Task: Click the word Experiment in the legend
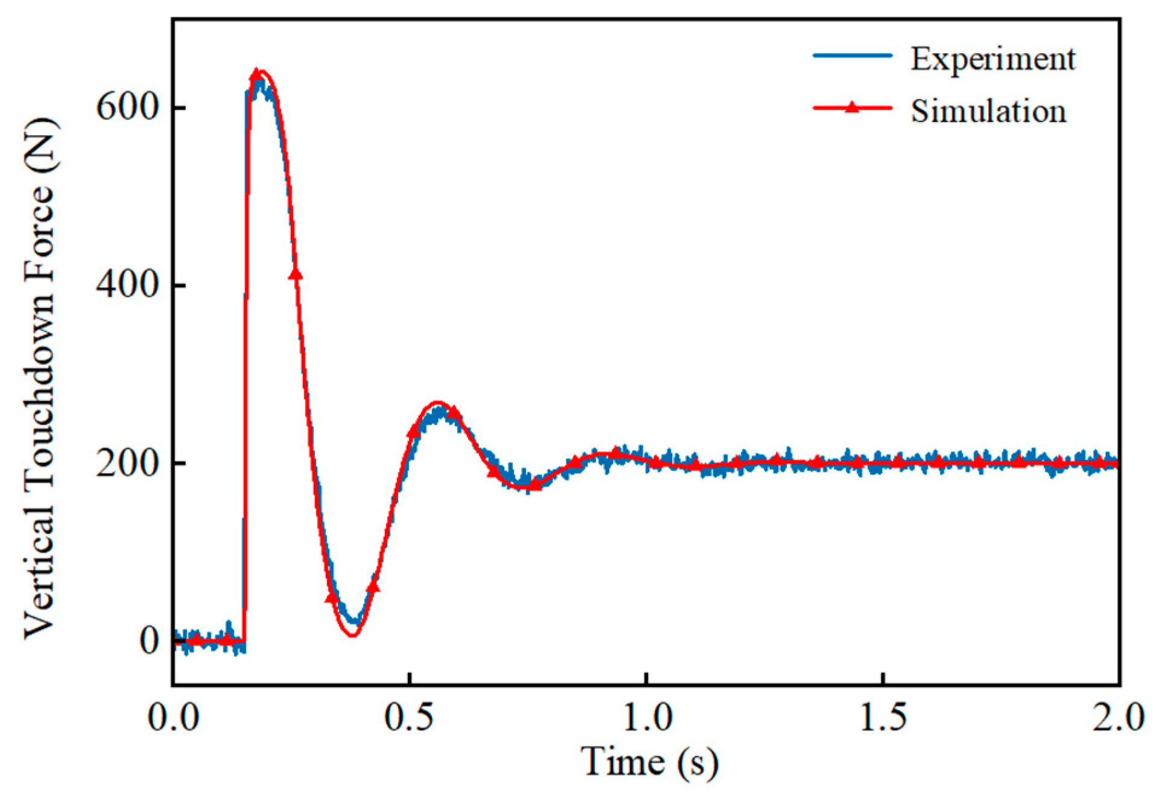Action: click(992, 60)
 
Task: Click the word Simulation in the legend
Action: click(988, 112)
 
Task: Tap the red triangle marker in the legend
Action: click(851, 107)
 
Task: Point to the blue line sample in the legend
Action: click(852, 56)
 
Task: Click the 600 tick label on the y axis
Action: click(127, 108)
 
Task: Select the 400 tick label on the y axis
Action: click(127, 285)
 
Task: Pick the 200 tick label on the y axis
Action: click(127, 463)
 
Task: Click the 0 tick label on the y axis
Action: click(149, 641)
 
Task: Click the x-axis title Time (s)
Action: click(649, 762)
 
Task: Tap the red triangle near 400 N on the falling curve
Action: click(295, 274)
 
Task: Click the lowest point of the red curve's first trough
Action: click(353, 635)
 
